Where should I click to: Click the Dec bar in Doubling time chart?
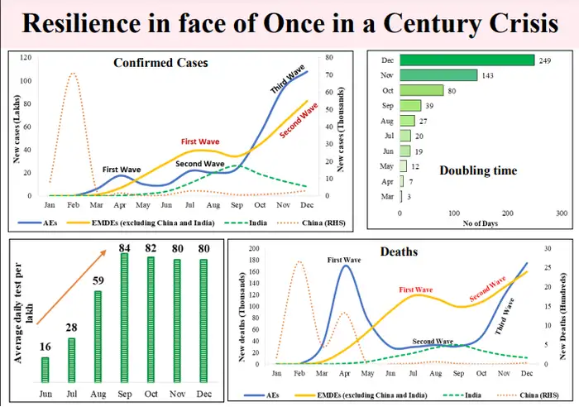tap(467, 60)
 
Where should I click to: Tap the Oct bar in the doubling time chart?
tap(422, 90)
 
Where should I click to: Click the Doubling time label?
tap(478, 171)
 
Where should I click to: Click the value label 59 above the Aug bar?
tap(98, 280)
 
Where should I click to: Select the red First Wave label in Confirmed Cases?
tap(199, 141)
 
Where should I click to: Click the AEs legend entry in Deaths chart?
tap(265, 397)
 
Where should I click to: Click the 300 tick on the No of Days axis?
tap(562, 213)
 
